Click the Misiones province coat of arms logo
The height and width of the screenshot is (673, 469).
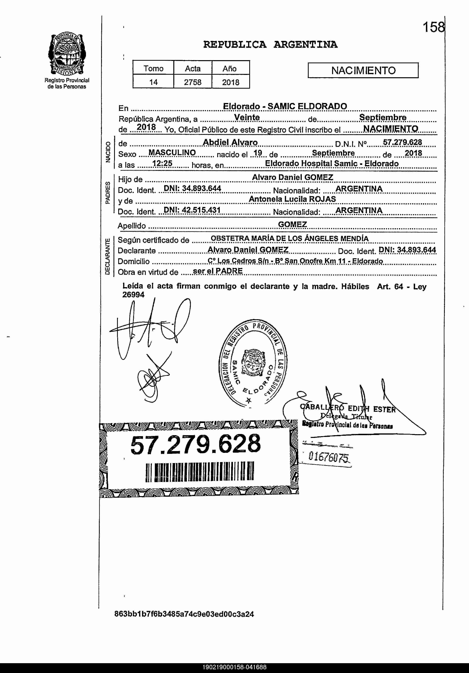coord(67,54)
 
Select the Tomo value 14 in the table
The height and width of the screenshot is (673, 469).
coord(153,82)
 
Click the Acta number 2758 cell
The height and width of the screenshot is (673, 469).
coord(193,82)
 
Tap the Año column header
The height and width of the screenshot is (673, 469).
coord(230,69)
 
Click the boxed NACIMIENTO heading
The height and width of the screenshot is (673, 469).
coord(363,70)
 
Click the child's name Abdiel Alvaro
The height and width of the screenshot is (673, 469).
coord(230,143)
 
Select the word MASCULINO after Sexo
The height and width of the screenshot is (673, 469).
coord(172,153)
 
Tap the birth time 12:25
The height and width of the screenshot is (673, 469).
coord(162,164)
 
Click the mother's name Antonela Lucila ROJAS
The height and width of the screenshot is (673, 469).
coord(292,199)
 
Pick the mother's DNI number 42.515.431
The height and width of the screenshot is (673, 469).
coord(192,210)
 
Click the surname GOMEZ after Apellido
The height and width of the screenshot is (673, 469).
coord(292,224)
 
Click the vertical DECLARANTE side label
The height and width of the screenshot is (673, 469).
coord(108,257)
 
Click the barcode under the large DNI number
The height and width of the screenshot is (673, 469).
coord(199,471)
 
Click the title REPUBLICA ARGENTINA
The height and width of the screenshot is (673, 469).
coord(270,45)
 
